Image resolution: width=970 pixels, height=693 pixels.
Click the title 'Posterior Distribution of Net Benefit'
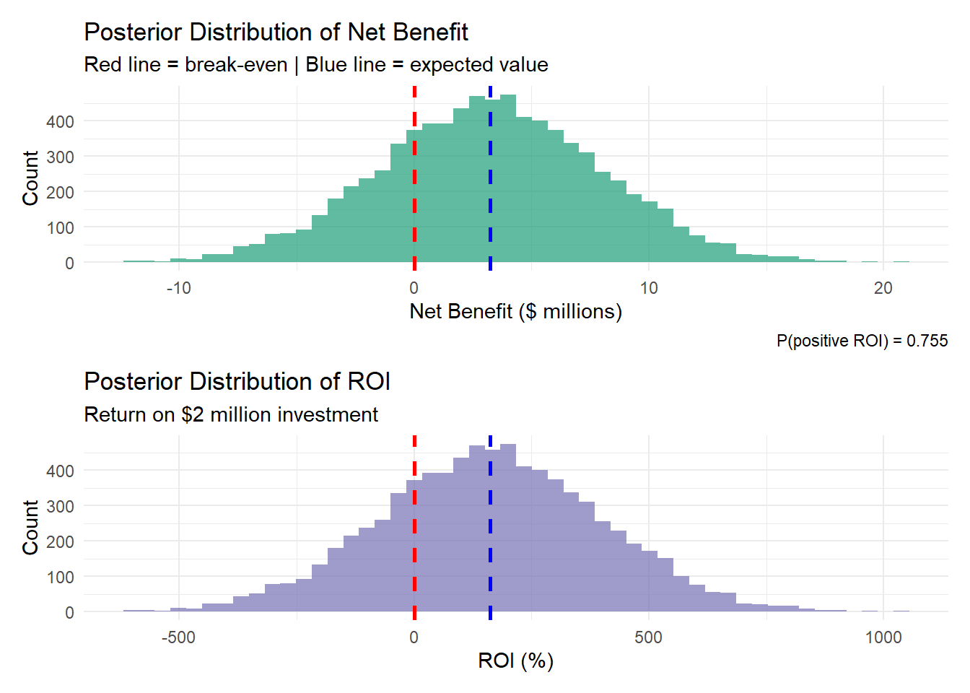(276, 32)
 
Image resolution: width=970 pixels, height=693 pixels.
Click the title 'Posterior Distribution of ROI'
(237, 381)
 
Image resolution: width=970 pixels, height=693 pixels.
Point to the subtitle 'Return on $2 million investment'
(231, 414)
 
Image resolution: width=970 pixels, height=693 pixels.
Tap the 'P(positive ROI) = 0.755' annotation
(862, 341)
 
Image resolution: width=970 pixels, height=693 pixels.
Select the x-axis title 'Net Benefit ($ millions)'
(515, 311)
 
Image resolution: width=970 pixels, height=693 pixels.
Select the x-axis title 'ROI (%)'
(515, 661)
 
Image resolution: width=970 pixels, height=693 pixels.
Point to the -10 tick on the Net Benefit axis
(178, 288)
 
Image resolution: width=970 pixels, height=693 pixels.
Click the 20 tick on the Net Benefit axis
(883, 288)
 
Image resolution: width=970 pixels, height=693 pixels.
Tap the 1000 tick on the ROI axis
(883, 637)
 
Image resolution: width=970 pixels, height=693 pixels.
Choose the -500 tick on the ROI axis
(178, 637)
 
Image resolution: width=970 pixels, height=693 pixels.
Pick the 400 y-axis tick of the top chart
(60, 121)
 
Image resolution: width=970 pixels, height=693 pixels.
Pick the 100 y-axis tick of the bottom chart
(60, 577)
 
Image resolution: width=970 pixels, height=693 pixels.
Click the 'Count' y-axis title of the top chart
(30, 178)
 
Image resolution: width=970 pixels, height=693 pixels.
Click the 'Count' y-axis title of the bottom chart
(30, 527)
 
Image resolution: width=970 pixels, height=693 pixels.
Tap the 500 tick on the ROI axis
(648, 637)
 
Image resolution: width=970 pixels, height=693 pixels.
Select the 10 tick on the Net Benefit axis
(648, 288)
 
